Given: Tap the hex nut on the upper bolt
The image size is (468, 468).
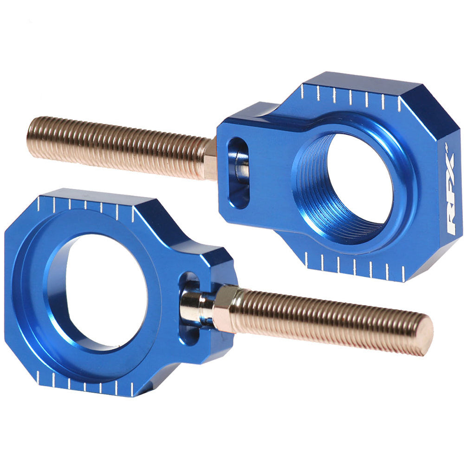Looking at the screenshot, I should [210, 160].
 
